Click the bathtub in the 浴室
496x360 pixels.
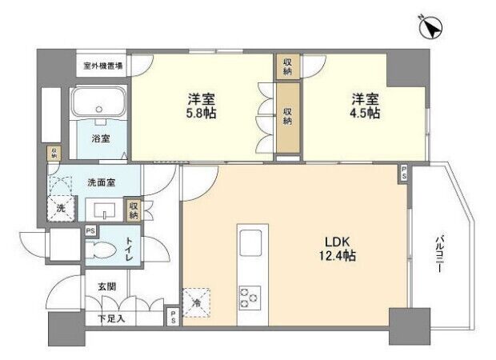(x=98, y=102)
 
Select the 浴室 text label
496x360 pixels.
(x=101, y=138)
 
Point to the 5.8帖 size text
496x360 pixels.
(x=201, y=113)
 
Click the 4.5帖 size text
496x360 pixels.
(x=365, y=113)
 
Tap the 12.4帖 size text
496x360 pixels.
(x=338, y=256)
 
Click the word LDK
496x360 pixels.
(x=338, y=242)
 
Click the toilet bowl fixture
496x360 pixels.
(x=101, y=247)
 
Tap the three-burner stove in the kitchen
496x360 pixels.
(x=250, y=298)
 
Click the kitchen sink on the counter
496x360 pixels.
(x=250, y=243)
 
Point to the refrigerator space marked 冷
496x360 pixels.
(x=197, y=302)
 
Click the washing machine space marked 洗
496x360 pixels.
(x=62, y=207)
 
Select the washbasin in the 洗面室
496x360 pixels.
(x=104, y=210)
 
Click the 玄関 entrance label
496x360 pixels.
(x=106, y=286)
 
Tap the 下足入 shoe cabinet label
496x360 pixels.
(x=111, y=318)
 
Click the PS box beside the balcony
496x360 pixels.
(x=404, y=173)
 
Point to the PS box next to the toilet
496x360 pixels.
(x=90, y=231)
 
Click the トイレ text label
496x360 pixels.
(x=129, y=249)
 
